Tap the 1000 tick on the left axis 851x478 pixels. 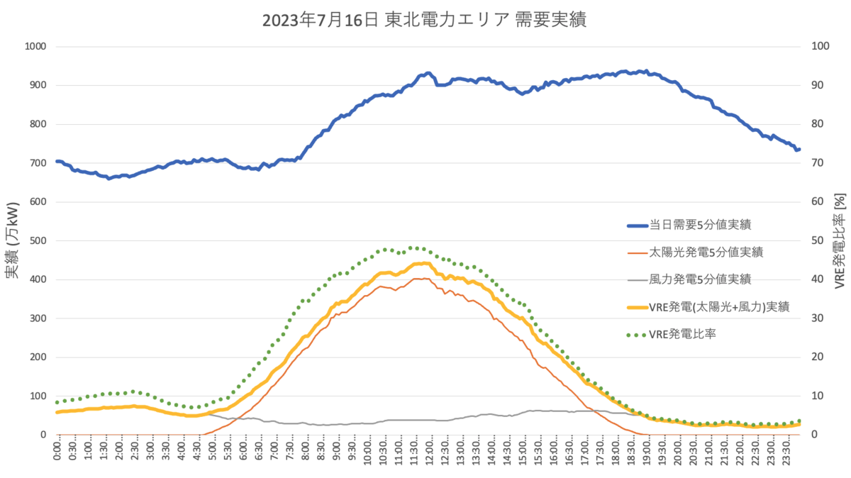(x=34, y=47)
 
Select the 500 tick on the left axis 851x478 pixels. (x=37, y=240)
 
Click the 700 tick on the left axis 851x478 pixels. (x=37, y=163)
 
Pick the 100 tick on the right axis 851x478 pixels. (x=821, y=47)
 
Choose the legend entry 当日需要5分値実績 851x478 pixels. (x=700, y=226)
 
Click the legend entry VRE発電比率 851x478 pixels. (x=682, y=333)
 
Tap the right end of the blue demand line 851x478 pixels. (x=799, y=149)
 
